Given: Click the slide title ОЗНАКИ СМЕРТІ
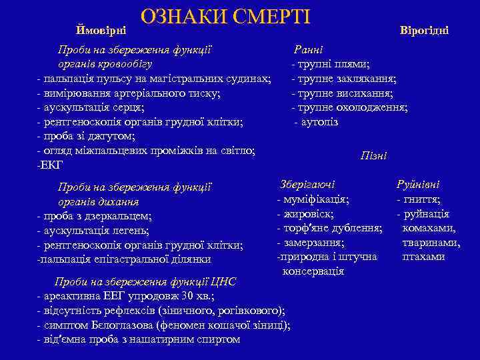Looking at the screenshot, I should click(x=225, y=18).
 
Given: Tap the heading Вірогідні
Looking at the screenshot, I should click(x=424, y=31).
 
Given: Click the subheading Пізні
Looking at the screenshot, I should click(x=373, y=155).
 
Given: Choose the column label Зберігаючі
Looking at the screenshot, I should click(x=308, y=184).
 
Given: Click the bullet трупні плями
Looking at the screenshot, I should click(x=331, y=64).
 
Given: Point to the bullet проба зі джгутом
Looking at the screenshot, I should click(x=87, y=137).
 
